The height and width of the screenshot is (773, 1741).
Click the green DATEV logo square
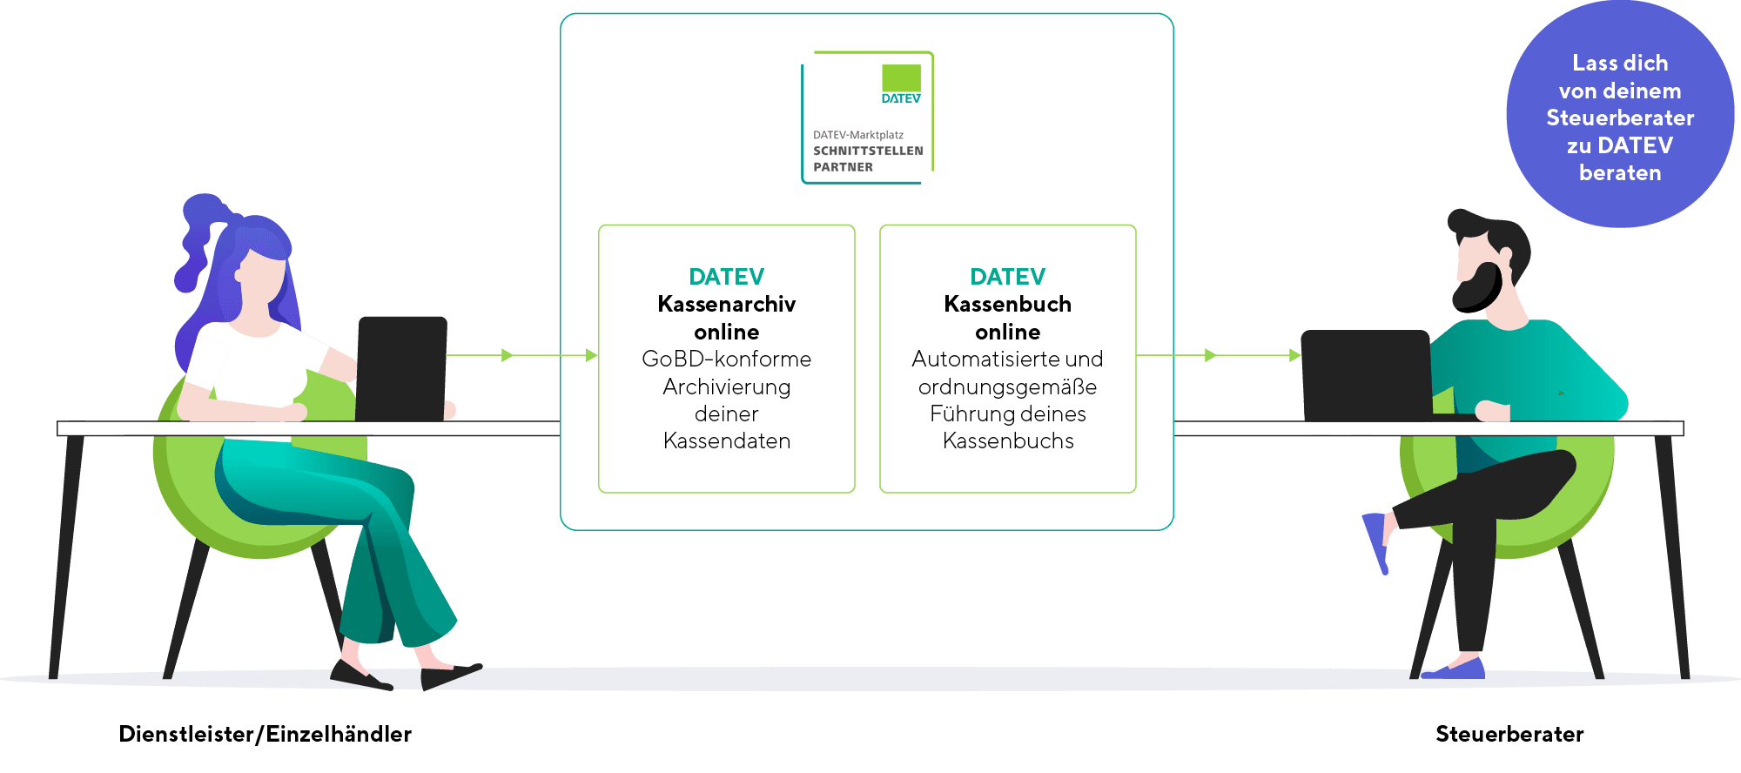(x=901, y=77)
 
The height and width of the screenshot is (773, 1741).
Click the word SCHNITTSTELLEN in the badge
(x=868, y=151)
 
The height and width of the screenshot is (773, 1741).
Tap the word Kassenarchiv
(x=726, y=304)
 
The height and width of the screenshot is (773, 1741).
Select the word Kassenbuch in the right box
(x=1007, y=304)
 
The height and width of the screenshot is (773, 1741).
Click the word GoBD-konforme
(x=726, y=359)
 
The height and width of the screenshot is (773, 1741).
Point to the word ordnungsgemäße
(x=1007, y=386)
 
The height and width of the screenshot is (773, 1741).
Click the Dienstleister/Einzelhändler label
(x=265, y=734)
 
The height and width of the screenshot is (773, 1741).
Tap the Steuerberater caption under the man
(x=1509, y=734)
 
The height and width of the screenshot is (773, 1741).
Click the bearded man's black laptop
(x=1365, y=374)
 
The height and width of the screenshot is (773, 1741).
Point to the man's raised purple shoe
(x=1376, y=540)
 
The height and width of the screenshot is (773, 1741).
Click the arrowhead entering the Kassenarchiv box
(x=592, y=355)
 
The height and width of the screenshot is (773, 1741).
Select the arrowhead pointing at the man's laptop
(x=1294, y=355)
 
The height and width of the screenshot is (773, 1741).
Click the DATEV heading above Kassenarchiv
(x=726, y=277)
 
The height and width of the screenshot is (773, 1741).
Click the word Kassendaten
(x=726, y=441)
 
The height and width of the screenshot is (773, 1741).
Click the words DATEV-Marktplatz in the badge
(x=857, y=135)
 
